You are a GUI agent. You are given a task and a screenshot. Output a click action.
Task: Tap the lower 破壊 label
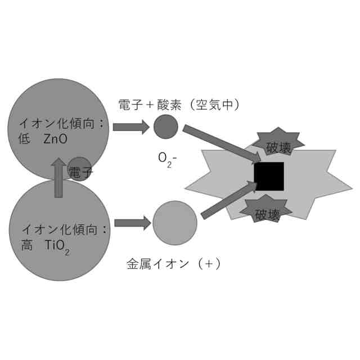pos(267,214)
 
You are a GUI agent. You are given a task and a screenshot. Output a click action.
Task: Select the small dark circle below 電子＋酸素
pos(166,126)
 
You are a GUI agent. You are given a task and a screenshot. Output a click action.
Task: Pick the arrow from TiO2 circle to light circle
pos(132,223)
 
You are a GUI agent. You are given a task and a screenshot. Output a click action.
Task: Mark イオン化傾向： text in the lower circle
pos(64,229)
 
